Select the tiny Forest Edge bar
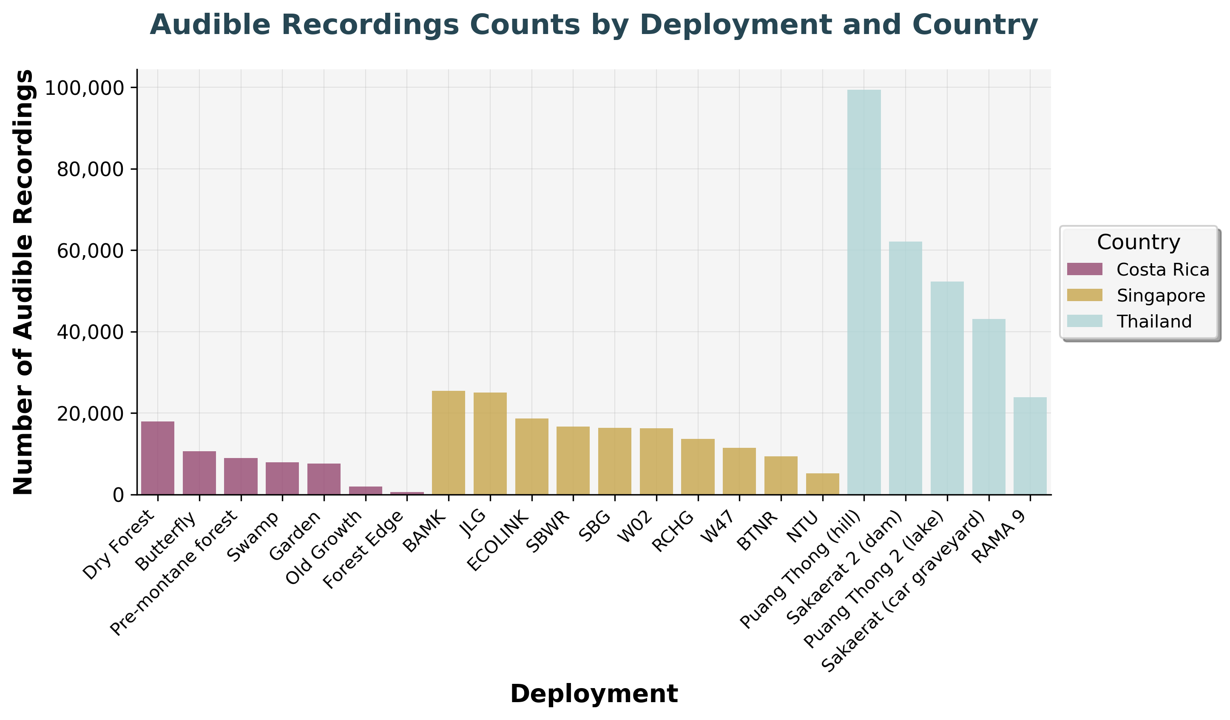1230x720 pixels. pos(406,493)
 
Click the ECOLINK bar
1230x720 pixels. pos(531,456)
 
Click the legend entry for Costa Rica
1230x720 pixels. pos(1162,270)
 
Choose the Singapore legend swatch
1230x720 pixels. pos(1085,295)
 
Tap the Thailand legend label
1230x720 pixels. pos(1154,321)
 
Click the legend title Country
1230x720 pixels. pos(1138,242)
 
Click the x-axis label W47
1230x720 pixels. pos(721,529)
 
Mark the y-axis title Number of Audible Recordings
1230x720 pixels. pos(23,282)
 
